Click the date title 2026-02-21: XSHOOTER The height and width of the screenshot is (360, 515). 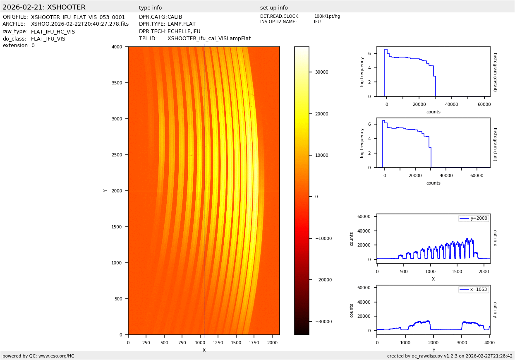[x=44, y=7]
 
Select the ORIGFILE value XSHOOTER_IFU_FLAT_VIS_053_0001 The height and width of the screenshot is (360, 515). [x=78, y=17]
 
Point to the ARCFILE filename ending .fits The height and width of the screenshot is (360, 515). [x=80, y=24]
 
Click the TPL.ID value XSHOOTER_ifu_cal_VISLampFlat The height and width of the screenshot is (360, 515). [x=209, y=38]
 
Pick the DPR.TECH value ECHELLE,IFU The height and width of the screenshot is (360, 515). [x=184, y=31]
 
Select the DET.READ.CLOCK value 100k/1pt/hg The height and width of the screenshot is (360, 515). [x=327, y=17]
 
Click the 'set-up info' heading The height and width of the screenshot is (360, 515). [x=274, y=8]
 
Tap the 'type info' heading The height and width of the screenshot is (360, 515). [x=150, y=8]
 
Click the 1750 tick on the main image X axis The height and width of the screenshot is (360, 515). [x=254, y=343]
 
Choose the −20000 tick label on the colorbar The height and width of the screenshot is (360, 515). [x=321, y=280]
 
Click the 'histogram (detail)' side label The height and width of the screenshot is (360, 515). [x=495, y=72]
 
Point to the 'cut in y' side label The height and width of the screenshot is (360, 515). [x=495, y=310]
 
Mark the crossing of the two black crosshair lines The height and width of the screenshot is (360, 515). [x=204, y=191]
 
